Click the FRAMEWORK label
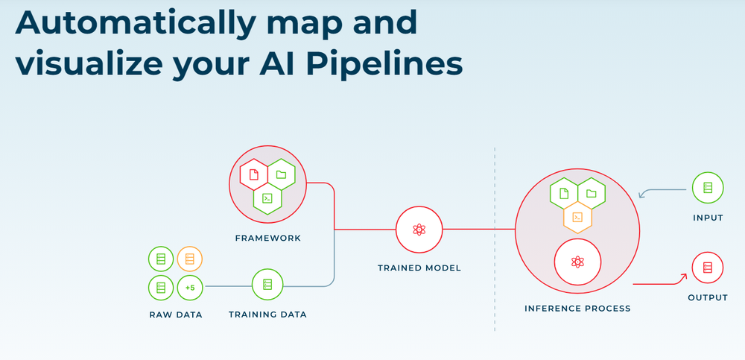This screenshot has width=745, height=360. pos(267,239)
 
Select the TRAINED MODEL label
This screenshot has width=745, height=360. pos(419,268)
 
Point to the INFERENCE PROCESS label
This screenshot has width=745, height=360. pos(577,308)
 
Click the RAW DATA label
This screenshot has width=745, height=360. pos(175,314)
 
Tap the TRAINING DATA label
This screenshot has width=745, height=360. pos(267,314)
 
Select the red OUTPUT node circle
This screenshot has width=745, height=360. pos(707,267)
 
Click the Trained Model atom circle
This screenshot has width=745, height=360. pos(419,229)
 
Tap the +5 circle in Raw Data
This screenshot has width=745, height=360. pos(190,286)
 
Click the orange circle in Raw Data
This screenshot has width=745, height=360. pos(190,259)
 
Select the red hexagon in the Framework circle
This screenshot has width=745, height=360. pos(253,174)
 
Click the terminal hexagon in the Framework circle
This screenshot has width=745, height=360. pos(267,198)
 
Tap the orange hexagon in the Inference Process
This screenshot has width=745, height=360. pos(577,217)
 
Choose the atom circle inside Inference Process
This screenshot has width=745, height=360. pos(577,262)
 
